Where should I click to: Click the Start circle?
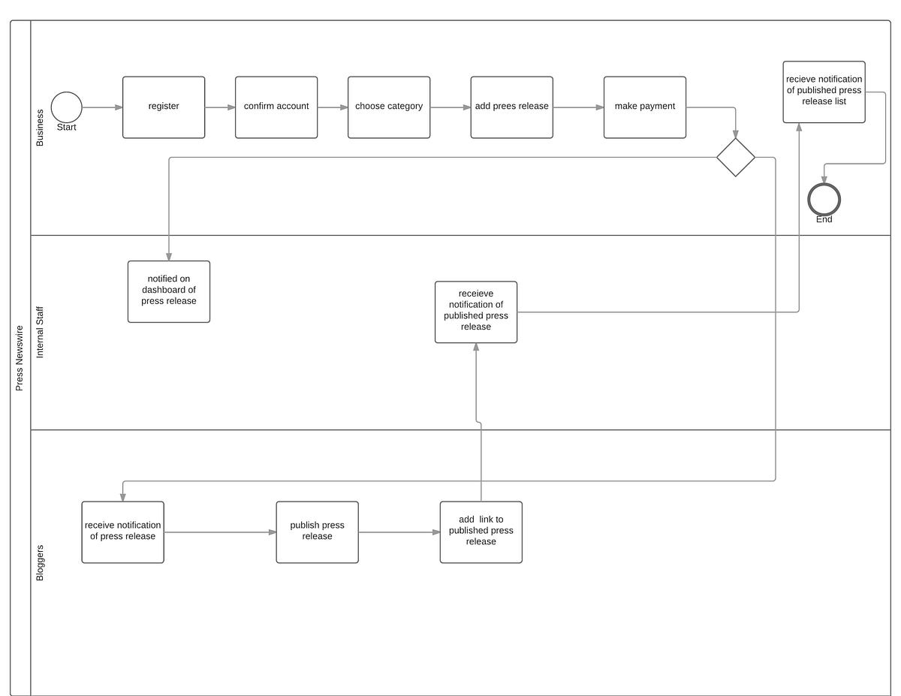coord(67,107)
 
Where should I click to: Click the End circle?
coord(824,200)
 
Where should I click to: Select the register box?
coord(164,107)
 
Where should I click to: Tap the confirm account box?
coord(276,107)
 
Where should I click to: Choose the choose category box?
coord(389,107)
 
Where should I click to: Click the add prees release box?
coord(512,107)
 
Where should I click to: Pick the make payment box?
coord(645,107)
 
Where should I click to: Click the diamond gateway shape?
coord(736,158)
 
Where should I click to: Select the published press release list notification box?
coord(824,92)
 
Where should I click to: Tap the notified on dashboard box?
coord(169,291)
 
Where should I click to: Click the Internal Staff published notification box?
coord(476,312)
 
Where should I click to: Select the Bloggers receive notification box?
coord(123,532)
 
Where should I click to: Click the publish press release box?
coord(318,532)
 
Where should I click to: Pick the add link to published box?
coord(481,532)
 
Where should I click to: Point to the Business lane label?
coord(41,128)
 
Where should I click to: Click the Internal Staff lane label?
coord(41,332)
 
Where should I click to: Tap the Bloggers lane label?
coord(41,562)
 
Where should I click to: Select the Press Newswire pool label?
coord(20,357)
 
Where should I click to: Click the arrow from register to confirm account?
coord(220,107)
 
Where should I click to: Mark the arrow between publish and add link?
coord(399,532)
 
